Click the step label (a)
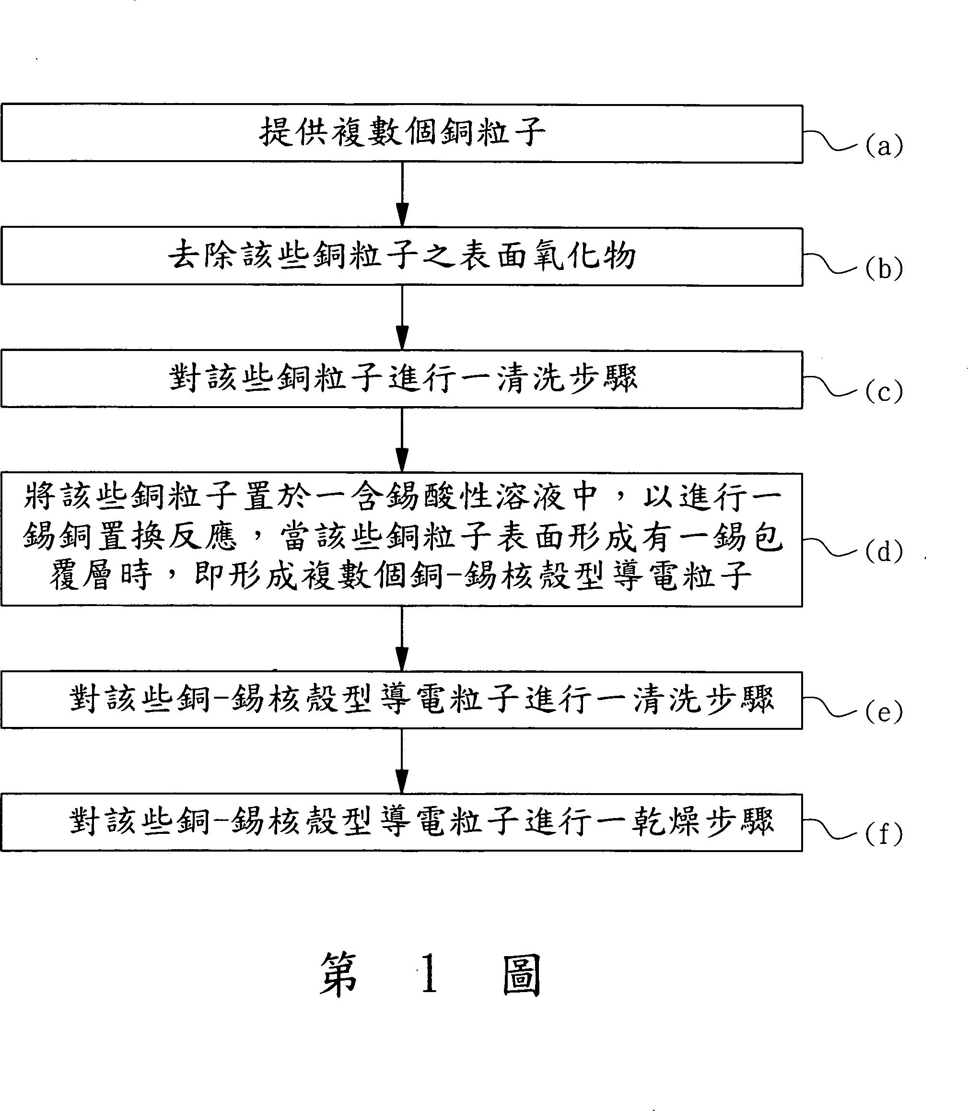(884, 146)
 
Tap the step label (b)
(884, 269)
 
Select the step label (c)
(884, 391)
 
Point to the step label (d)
(884, 551)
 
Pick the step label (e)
(884, 712)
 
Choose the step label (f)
(884, 834)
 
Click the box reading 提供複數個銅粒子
(401, 133)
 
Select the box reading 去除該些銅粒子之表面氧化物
(401, 257)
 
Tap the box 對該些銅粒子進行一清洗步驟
(401, 379)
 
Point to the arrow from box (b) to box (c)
(402, 317)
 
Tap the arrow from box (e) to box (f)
(402, 761)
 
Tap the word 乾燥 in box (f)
(668, 821)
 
